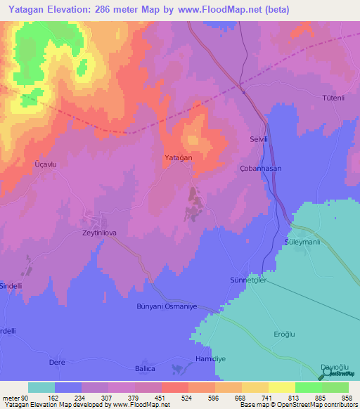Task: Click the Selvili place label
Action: (261, 140)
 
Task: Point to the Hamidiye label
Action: (209, 358)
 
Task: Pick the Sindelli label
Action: (15, 286)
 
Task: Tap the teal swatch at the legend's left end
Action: (41, 387)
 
